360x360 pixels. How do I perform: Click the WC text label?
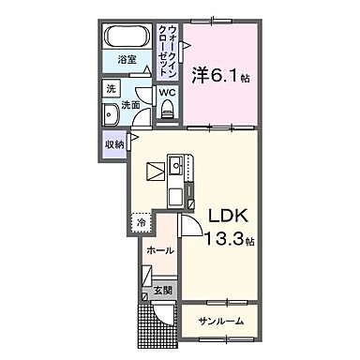pos(166,93)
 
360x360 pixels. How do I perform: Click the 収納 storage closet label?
pos(113,144)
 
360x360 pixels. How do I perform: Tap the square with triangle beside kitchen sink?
pos(155,172)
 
